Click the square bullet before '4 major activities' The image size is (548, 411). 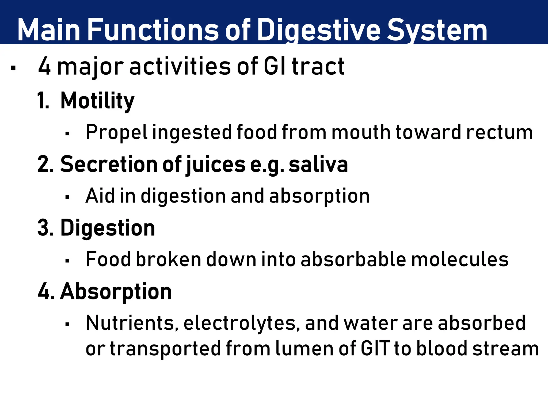pyautogui.click(x=13, y=68)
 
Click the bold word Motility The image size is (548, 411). pyautogui.click(x=97, y=101)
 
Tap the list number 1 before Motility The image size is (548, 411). pyautogui.click(x=43, y=101)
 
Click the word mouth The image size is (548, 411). pyautogui.click(x=361, y=132)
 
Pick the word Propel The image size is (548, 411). pyautogui.click(x=116, y=132)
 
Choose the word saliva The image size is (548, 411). pyautogui.click(x=318, y=164)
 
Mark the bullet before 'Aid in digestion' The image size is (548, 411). pyautogui.click(x=67, y=197)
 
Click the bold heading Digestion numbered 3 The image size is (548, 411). pyautogui.click(x=108, y=228)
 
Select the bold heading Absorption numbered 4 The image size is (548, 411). pyautogui.click(x=116, y=292)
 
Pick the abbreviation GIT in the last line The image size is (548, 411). pyautogui.click(x=375, y=349)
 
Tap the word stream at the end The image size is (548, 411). pyautogui.click(x=505, y=349)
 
